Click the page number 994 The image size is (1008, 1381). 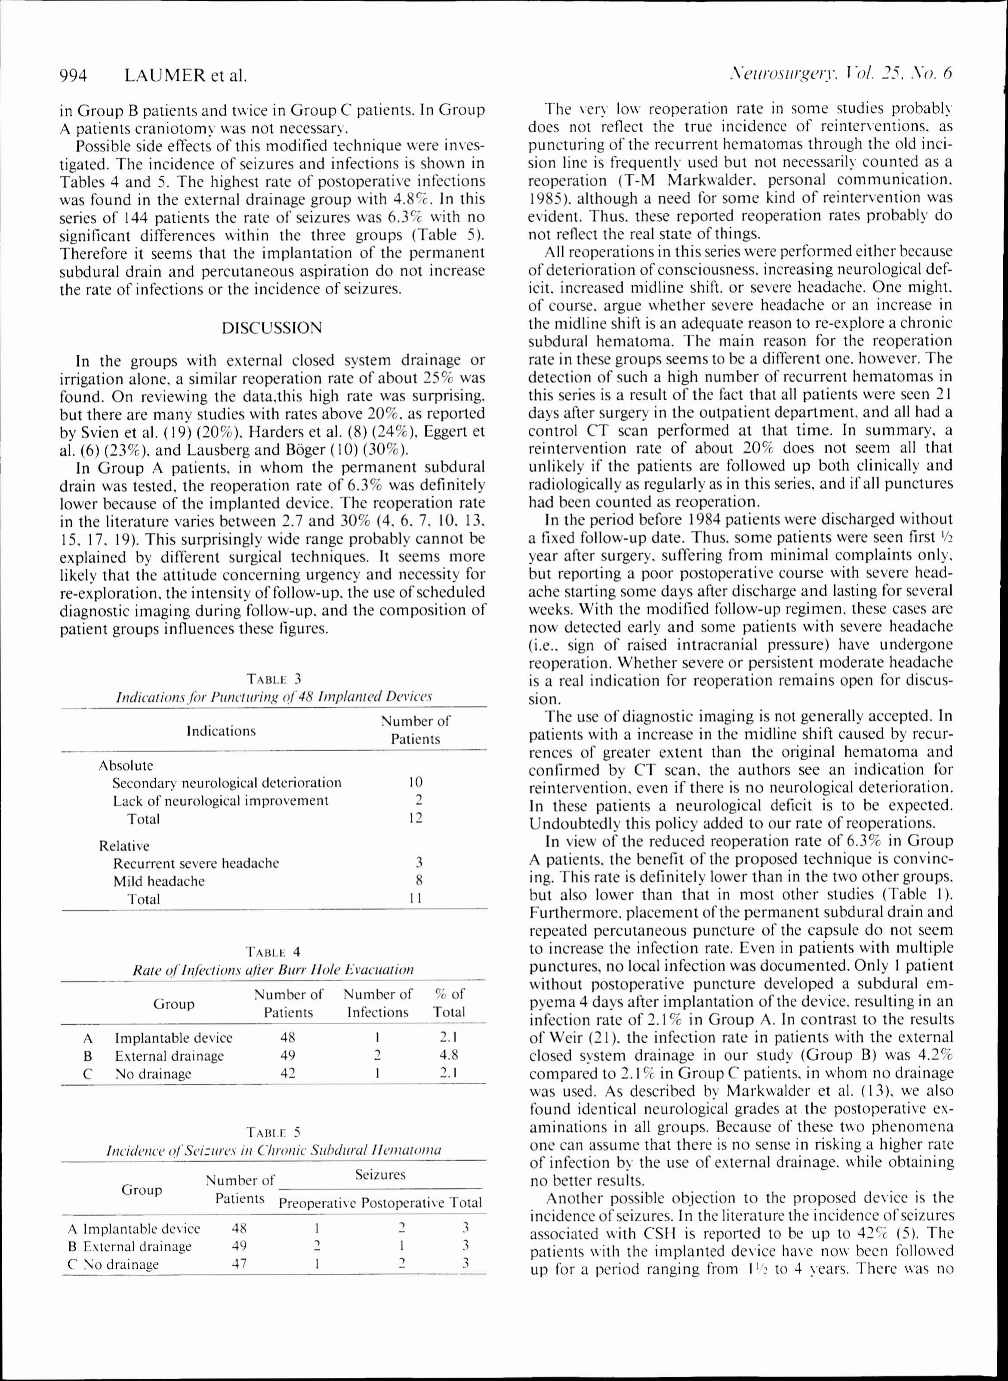pos(73,76)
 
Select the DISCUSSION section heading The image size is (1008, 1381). pos(271,328)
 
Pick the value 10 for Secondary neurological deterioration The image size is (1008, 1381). pos(416,782)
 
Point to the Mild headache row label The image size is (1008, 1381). pos(159,881)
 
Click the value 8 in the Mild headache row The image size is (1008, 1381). pos(419,881)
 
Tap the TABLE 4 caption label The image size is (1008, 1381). pos(273,951)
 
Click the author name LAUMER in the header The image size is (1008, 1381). pos(165,76)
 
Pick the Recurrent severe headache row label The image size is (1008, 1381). pos(196,863)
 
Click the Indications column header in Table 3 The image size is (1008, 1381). pos(221,731)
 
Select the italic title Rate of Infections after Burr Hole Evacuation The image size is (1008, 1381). pos(273,970)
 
